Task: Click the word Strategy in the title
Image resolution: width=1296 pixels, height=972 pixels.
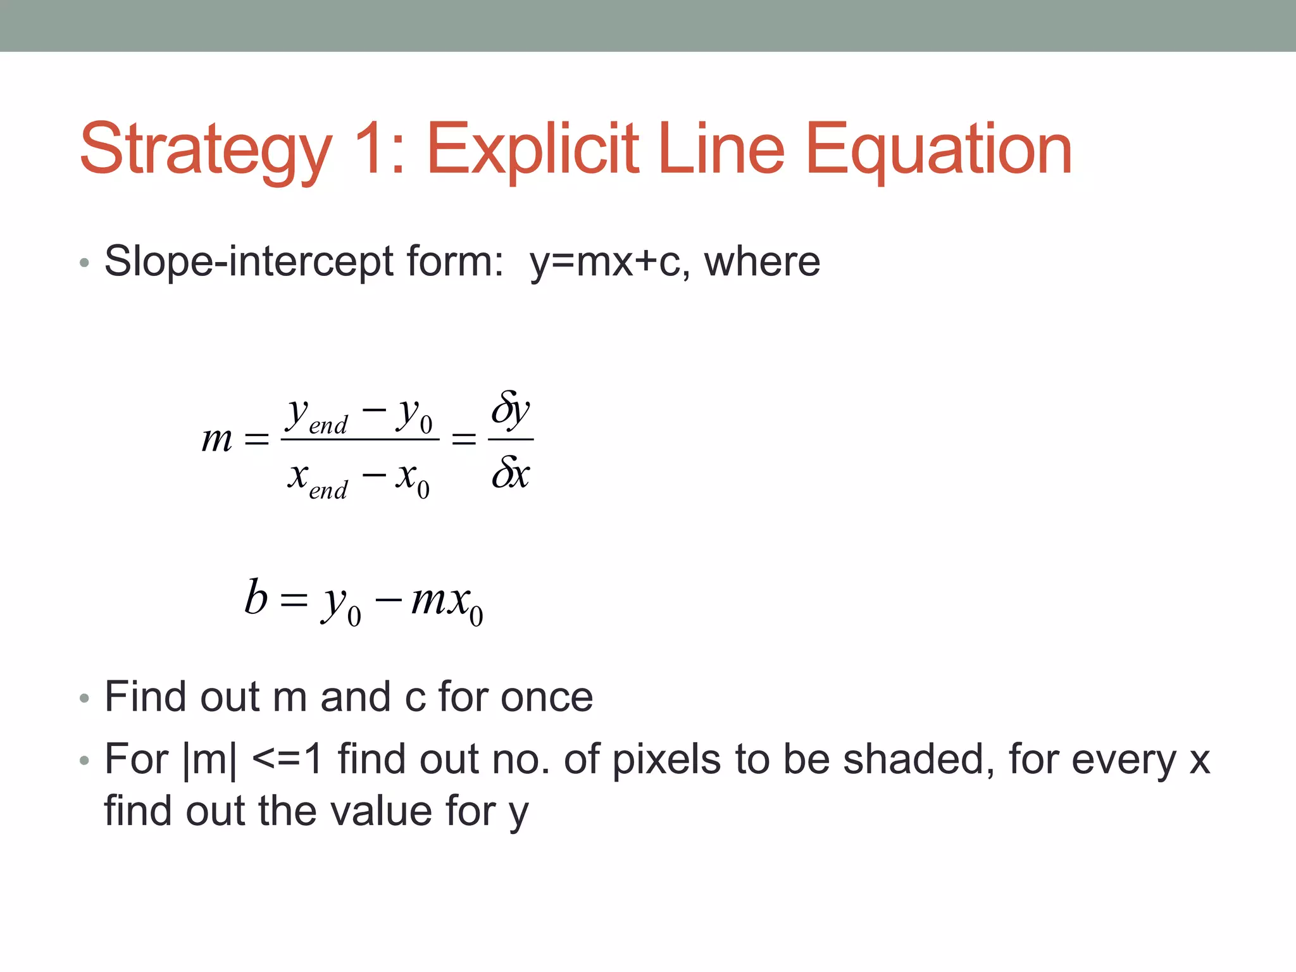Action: [206, 151]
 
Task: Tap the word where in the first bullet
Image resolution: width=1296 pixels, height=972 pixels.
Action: [762, 261]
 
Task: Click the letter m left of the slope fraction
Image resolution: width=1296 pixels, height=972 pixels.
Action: [216, 439]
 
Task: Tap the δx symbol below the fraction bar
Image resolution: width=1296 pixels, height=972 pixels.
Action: [511, 472]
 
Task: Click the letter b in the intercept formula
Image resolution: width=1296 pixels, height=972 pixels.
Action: [256, 597]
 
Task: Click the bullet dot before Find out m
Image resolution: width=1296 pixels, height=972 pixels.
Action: [85, 699]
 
